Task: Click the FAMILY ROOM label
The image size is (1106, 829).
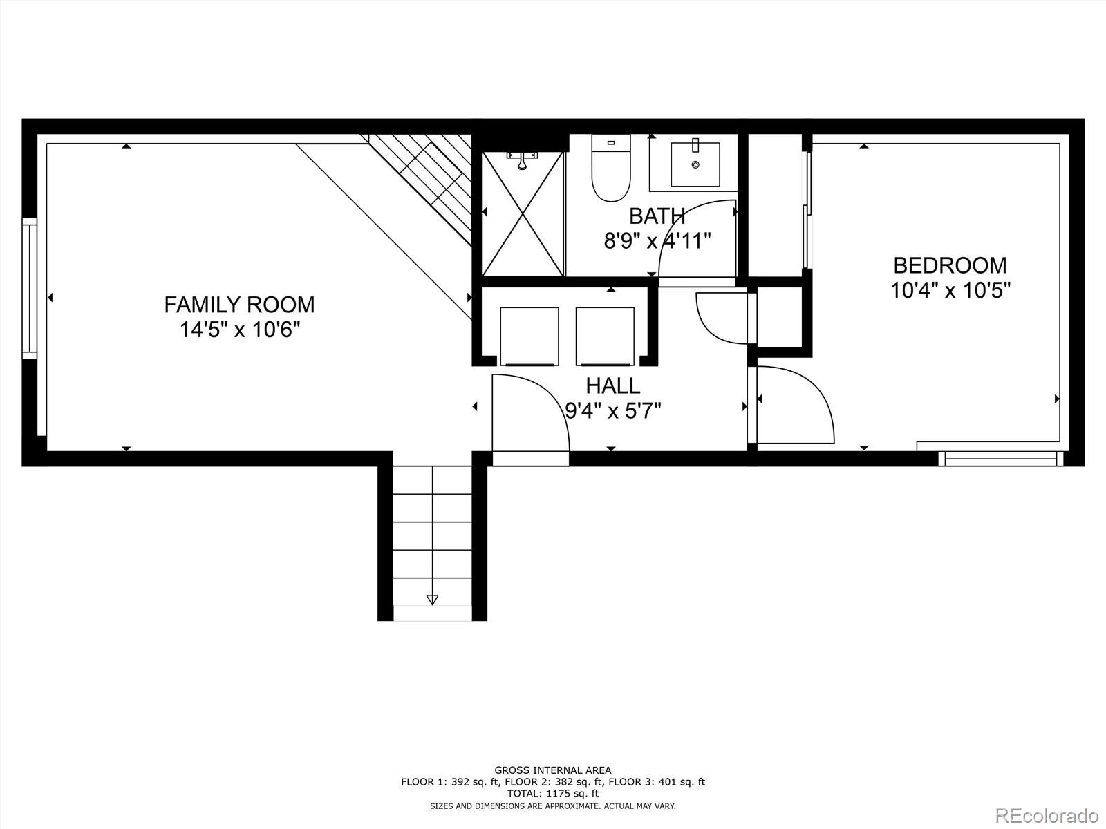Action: (x=239, y=305)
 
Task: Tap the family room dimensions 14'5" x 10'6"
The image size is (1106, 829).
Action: (x=239, y=330)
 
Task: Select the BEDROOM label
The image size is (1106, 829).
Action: (x=950, y=265)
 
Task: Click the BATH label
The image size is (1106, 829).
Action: (x=657, y=216)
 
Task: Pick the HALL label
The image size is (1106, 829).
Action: (x=612, y=385)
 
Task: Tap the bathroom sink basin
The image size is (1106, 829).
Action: (x=695, y=164)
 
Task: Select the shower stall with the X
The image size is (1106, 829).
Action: (x=523, y=214)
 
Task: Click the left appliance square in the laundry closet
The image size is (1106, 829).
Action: (x=529, y=336)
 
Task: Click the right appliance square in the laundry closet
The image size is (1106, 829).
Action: (x=605, y=336)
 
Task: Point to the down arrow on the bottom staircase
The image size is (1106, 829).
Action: (x=433, y=600)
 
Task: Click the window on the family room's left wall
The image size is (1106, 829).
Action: (x=29, y=288)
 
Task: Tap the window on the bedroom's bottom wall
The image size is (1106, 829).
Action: (x=1000, y=459)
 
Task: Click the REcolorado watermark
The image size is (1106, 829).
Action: (x=1047, y=814)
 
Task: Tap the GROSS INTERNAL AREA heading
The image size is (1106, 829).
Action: (x=552, y=770)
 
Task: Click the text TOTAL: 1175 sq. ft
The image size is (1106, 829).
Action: (x=552, y=794)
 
